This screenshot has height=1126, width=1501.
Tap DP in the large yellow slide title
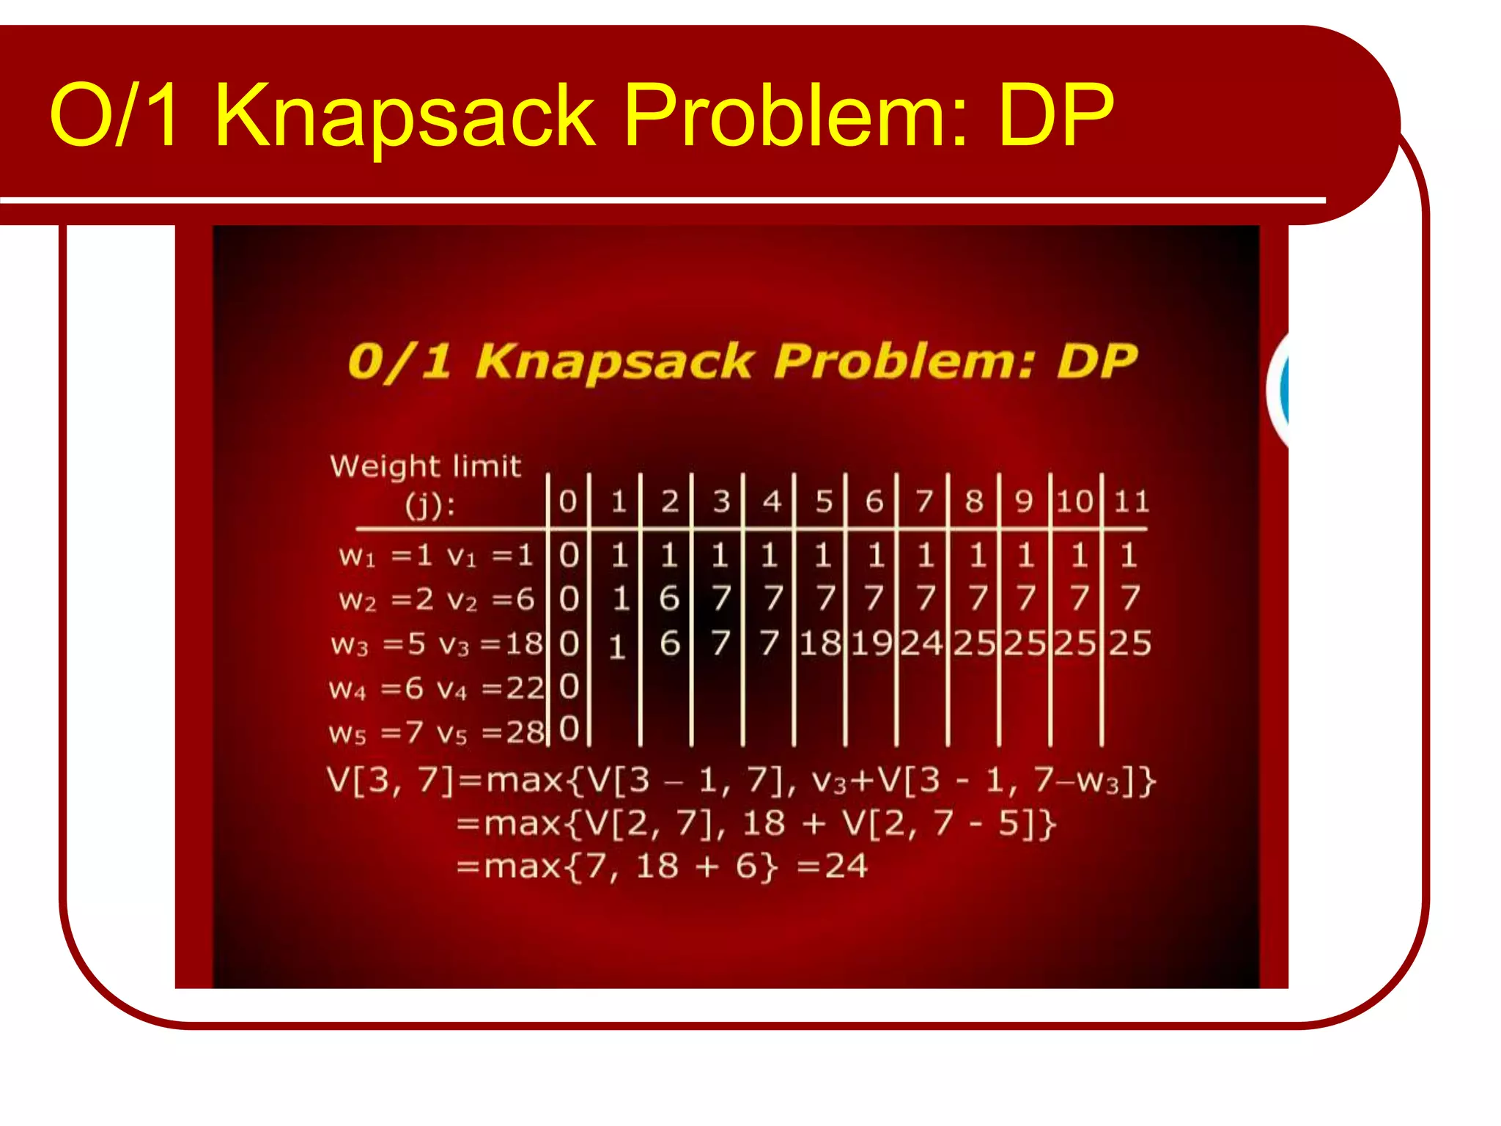coord(1055,116)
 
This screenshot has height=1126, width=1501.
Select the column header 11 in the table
coord(1132,501)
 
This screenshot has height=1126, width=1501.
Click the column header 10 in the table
coord(1074,501)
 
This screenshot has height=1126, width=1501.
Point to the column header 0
coord(568,501)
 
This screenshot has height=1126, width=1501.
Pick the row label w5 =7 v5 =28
coord(437,732)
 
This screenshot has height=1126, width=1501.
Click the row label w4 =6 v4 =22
coord(437,688)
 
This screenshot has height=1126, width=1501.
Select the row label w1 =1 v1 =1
coord(435,556)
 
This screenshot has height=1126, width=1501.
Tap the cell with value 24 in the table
coord(921,644)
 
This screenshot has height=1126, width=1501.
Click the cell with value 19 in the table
coord(871,644)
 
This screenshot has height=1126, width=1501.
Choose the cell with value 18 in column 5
coord(820,644)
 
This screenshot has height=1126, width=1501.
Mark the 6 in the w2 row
coord(669,599)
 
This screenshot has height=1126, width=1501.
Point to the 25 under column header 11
coord(1130,644)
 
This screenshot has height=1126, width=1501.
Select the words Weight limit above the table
coord(425,466)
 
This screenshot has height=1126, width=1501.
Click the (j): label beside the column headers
coord(430,505)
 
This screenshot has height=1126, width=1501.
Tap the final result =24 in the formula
coord(833,866)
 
